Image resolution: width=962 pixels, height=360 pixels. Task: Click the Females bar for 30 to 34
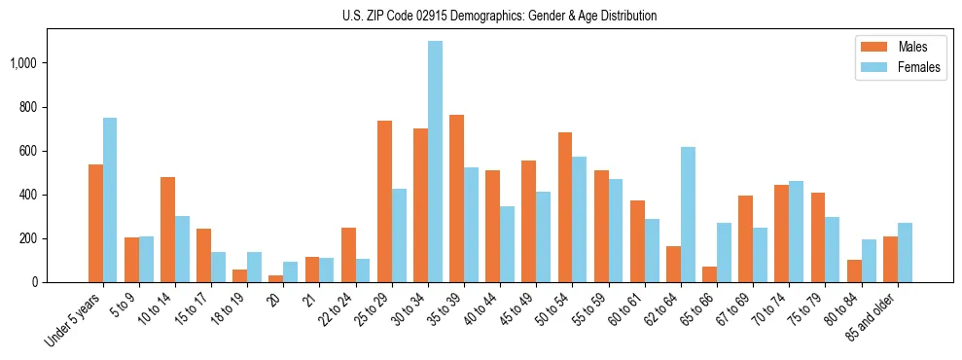click(435, 162)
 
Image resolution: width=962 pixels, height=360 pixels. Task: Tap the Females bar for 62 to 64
click(688, 215)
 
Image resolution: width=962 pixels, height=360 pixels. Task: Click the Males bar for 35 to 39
click(456, 198)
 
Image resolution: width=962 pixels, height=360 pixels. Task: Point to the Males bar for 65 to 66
click(709, 274)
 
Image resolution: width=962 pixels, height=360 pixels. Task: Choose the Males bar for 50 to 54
click(565, 207)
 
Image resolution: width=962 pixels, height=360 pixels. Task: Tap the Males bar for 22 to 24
click(348, 255)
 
